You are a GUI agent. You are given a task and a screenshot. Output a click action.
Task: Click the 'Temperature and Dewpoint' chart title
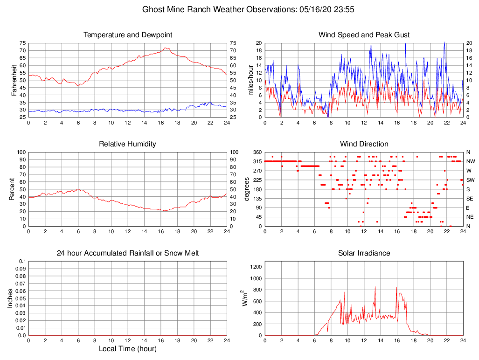[127, 35]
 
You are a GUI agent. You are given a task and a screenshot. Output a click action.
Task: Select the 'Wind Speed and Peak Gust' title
[364, 35]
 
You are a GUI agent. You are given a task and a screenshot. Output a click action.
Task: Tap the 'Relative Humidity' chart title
[127, 144]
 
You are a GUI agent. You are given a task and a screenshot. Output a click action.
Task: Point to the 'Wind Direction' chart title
[364, 144]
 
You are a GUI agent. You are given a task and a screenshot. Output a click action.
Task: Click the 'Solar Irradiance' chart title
[364, 253]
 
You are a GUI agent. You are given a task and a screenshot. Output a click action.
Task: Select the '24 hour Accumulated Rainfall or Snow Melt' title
[127, 253]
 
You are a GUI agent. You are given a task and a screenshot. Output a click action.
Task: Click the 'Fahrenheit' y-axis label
[14, 80]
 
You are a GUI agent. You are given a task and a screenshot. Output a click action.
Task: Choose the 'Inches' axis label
[10, 298]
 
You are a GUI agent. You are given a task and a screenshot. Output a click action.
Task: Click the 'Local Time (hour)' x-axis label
[127, 349]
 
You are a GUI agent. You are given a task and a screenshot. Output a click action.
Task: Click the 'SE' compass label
[470, 199]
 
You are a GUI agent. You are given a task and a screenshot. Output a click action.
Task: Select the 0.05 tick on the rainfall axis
[21, 298]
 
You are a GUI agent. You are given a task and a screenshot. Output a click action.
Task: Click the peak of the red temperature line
[166, 48]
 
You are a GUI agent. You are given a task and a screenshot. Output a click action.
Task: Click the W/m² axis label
[244, 298]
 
